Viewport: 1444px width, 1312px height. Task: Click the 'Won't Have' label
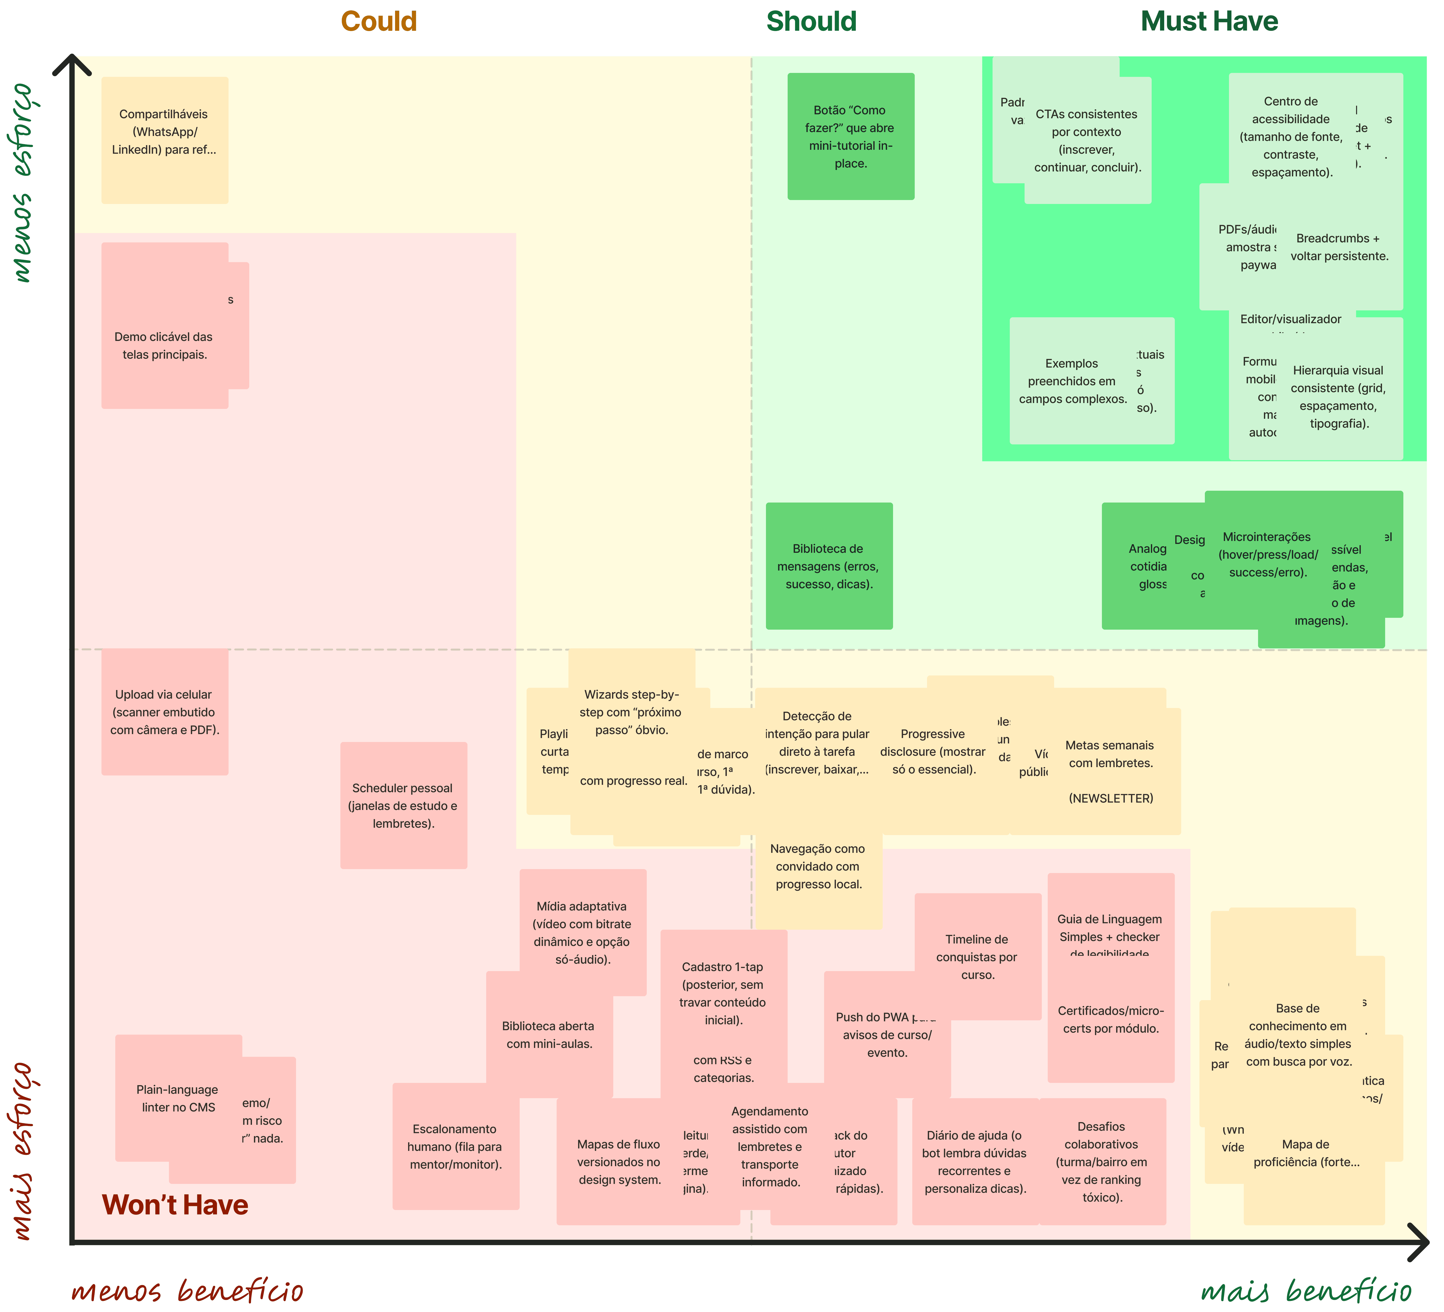(x=175, y=1205)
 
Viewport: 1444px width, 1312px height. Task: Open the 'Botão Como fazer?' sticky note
(x=850, y=136)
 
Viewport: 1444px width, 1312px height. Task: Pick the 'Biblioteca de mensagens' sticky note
(x=829, y=566)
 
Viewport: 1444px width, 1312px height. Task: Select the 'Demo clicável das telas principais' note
(x=164, y=345)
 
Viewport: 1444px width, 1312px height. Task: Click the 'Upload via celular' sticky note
(x=164, y=712)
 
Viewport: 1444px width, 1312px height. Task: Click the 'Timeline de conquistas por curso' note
(x=977, y=957)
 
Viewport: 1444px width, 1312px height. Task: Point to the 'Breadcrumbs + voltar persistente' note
(x=1339, y=247)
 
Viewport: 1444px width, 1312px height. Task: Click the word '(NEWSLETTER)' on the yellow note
(x=1110, y=798)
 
